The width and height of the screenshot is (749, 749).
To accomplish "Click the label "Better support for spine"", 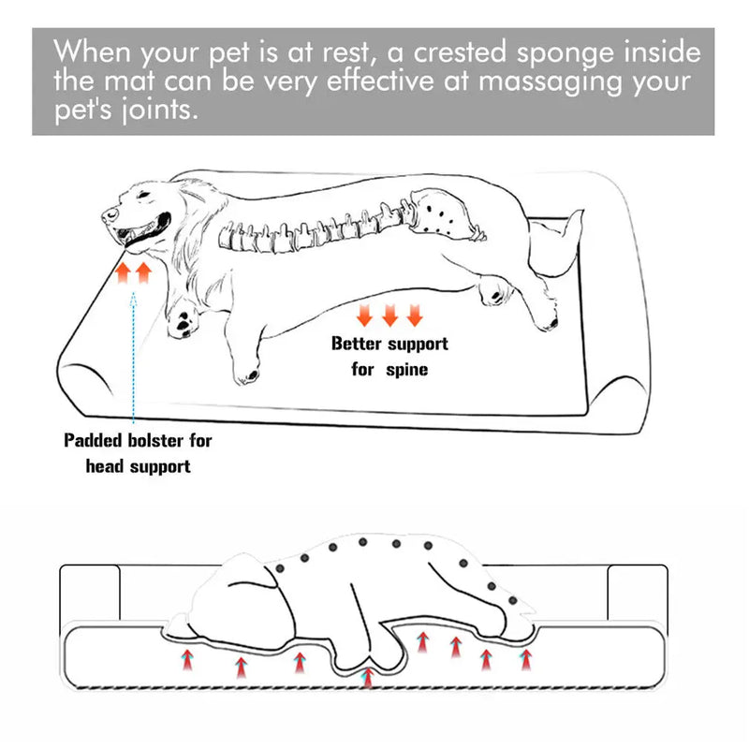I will point(389,356).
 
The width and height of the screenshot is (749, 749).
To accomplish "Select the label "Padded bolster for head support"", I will point(138,452).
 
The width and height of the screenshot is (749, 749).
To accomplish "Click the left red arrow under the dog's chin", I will point(123,273).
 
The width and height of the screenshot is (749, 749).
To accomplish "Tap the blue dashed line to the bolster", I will point(134,356).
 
